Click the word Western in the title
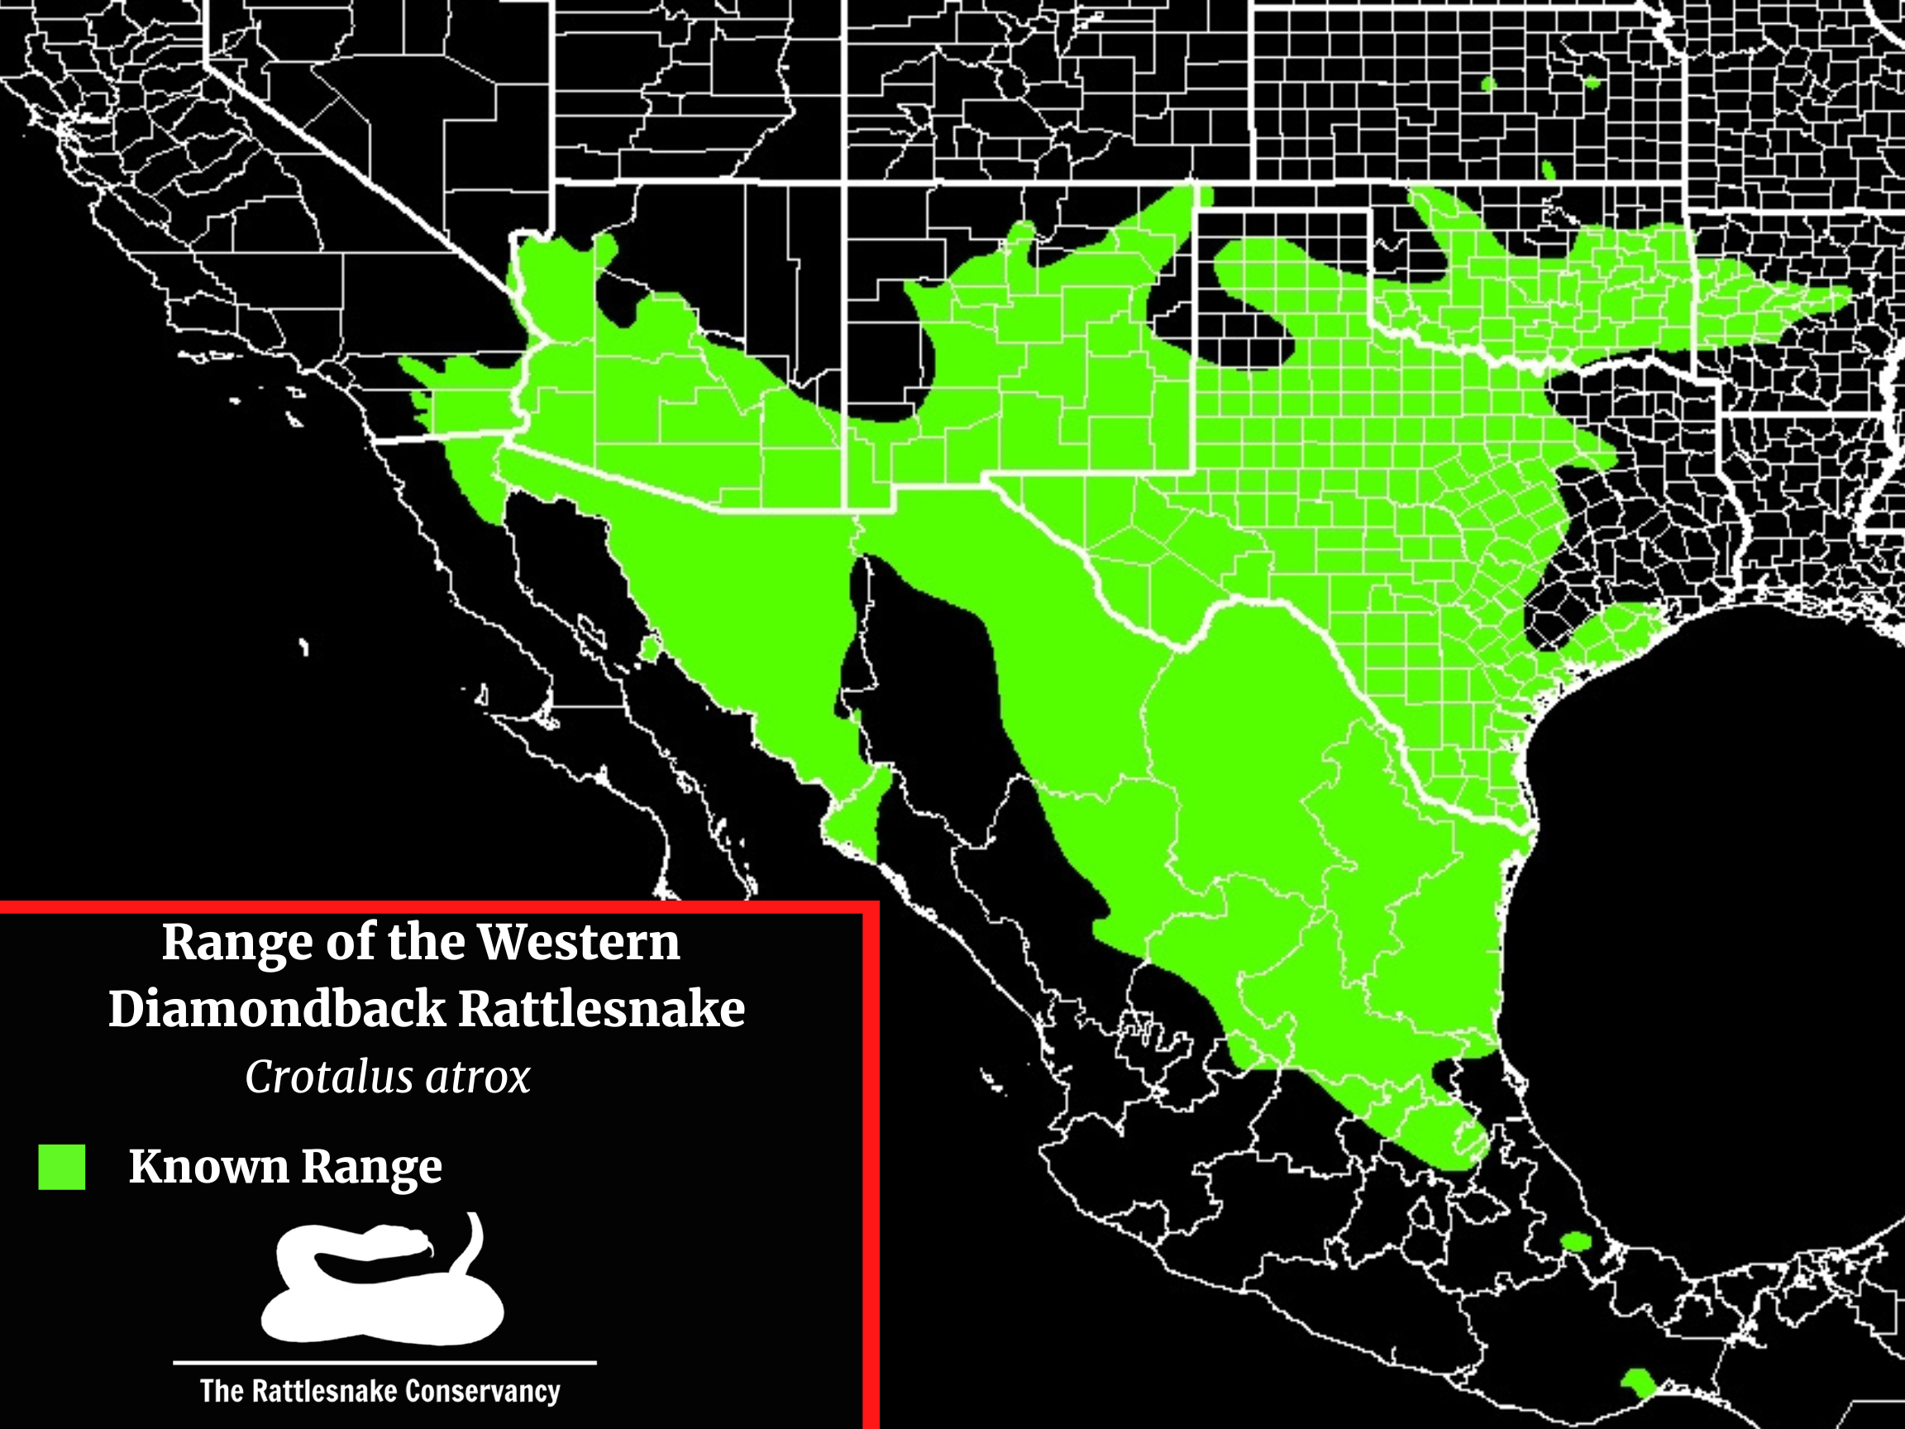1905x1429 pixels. point(579,943)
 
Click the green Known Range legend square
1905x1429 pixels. point(62,1167)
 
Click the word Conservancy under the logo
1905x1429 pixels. point(482,1391)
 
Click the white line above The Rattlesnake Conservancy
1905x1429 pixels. point(384,1363)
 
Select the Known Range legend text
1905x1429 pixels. point(285,1168)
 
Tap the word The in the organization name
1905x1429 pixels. point(222,1391)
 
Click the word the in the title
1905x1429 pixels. point(426,943)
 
